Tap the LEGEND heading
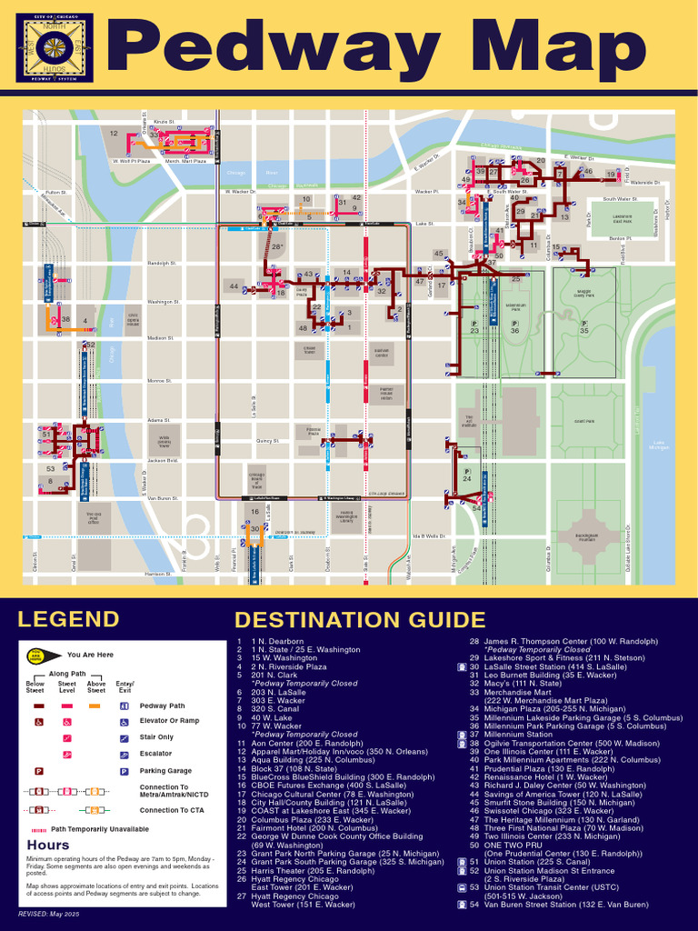click(x=68, y=619)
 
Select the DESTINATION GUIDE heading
click(x=359, y=620)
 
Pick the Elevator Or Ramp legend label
click(x=169, y=721)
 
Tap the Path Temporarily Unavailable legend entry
click(x=100, y=829)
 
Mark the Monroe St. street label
click(x=160, y=381)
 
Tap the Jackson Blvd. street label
click(x=163, y=461)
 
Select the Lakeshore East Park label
click(x=623, y=219)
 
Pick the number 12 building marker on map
click(x=114, y=134)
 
